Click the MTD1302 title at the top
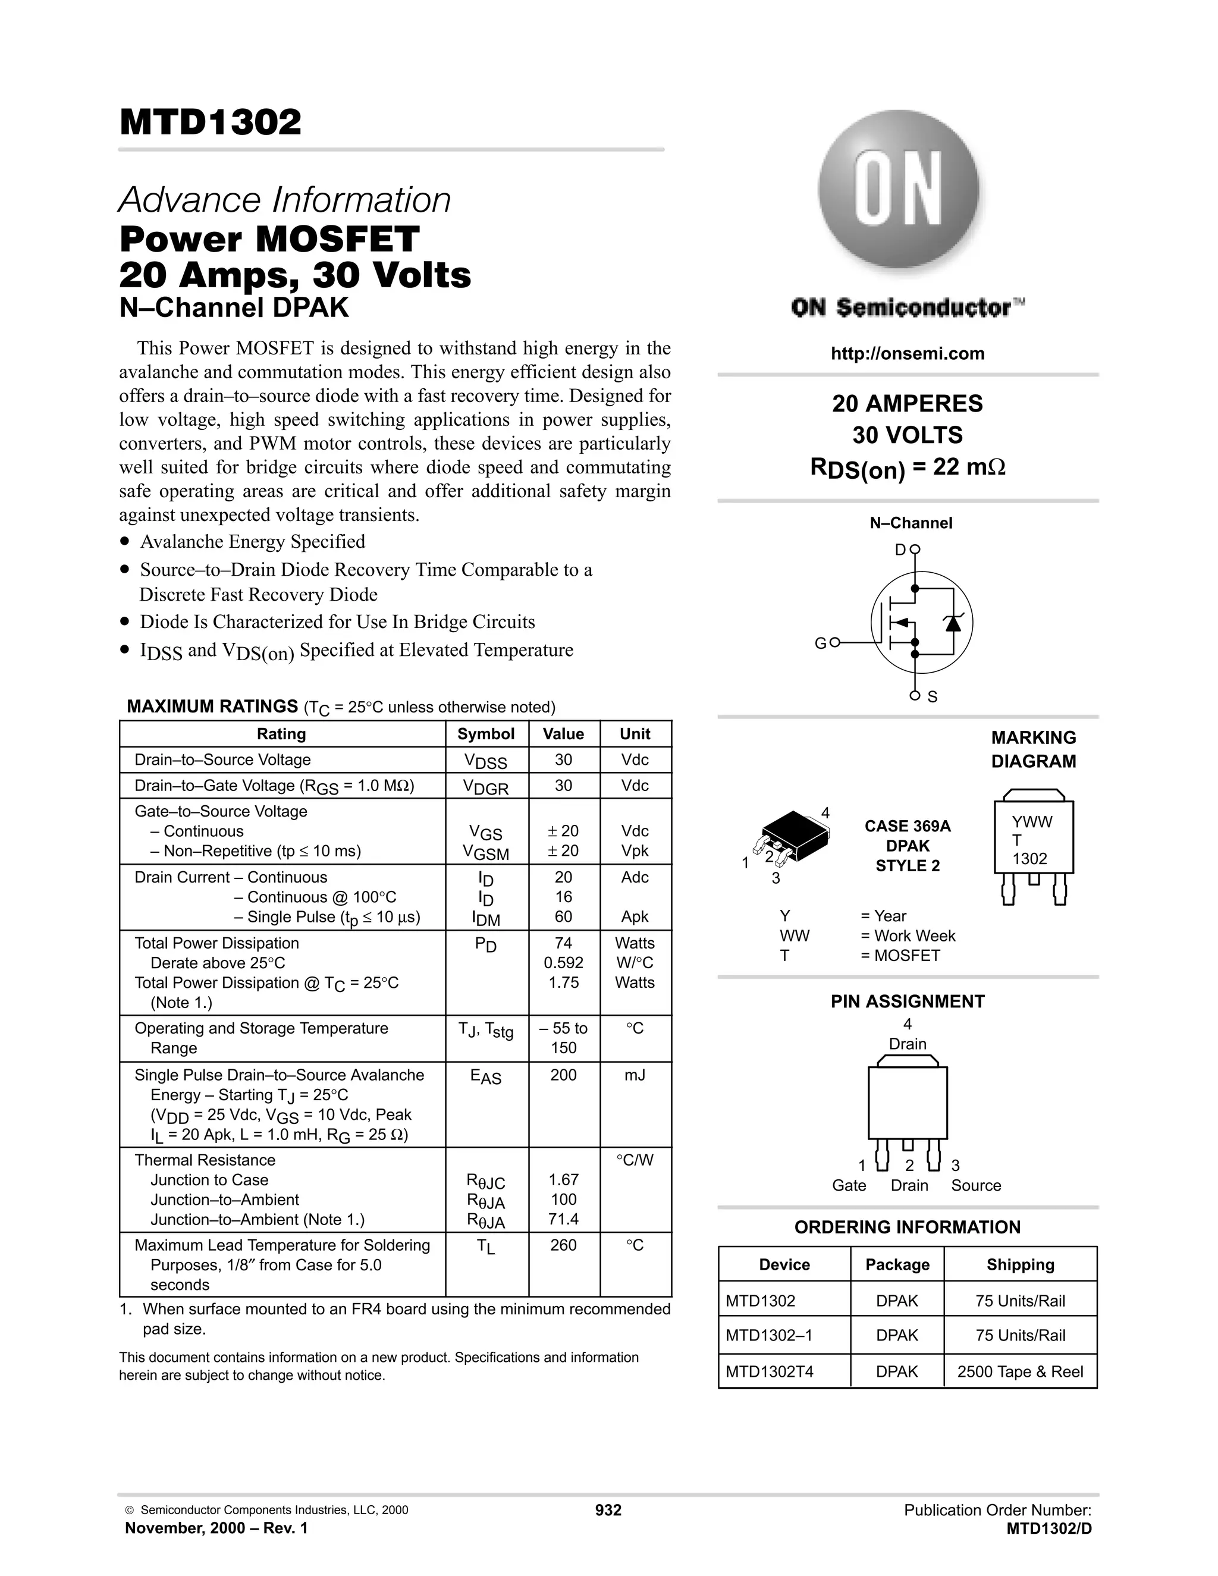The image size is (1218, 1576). (210, 123)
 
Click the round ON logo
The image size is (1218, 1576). (899, 190)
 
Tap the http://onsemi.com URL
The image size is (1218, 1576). (907, 354)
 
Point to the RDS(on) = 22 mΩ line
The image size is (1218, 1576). (907, 467)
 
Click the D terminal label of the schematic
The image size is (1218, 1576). (900, 550)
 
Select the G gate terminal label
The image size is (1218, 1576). (820, 643)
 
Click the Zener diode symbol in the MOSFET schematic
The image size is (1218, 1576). (953, 623)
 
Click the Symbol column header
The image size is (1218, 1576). (486, 734)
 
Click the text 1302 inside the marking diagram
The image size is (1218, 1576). (1029, 859)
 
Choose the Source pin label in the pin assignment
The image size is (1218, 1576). (975, 1186)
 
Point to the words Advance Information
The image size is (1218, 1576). (284, 200)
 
